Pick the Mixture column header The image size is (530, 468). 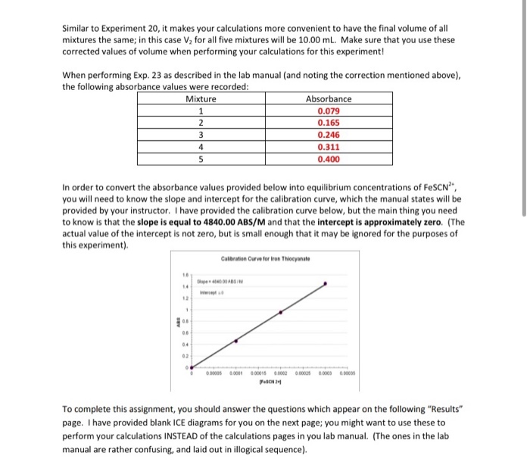click(x=200, y=98)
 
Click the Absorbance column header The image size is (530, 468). click(x=328, y=98)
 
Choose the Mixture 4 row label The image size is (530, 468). click(x=200, y=148)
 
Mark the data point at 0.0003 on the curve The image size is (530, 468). click(x=326, y=284)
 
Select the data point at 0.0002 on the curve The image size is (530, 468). click(x=281, y=311)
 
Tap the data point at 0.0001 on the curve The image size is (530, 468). click(x=235, y=341)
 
